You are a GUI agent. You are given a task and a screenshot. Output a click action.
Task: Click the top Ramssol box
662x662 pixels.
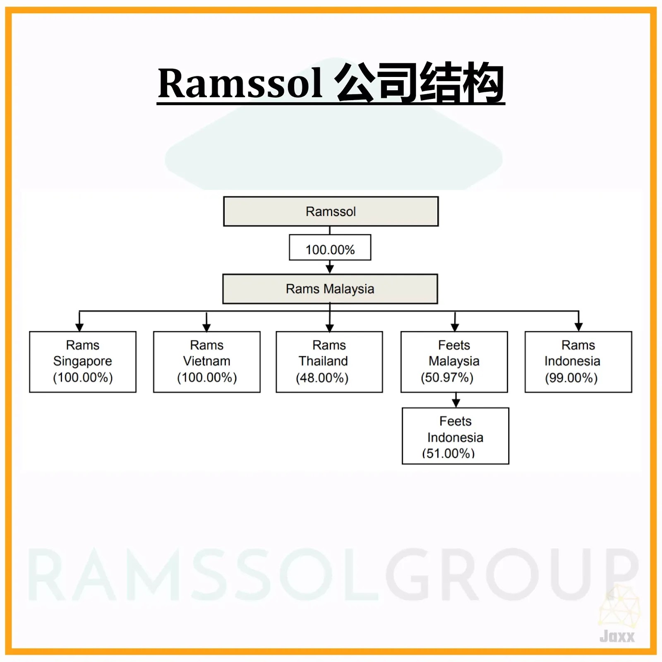[x=331, y=211]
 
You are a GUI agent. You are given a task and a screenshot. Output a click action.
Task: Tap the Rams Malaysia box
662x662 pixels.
[x=330, y=289]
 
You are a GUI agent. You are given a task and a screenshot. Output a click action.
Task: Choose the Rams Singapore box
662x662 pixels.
[x=83, y=361]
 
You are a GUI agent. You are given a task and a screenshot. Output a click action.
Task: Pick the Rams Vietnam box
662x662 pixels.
[x=206, y=361]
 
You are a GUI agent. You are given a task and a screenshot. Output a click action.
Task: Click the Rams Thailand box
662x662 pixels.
[x=329, y=361]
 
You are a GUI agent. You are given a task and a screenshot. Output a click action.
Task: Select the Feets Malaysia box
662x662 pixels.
[x=454, y=361]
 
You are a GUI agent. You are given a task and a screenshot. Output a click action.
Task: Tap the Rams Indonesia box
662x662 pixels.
[x=578, y=361]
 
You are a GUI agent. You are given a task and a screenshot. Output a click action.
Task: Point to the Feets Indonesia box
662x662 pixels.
[x=455, y=436]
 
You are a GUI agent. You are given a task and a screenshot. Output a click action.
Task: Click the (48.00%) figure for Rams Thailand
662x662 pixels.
[x=322, y=378]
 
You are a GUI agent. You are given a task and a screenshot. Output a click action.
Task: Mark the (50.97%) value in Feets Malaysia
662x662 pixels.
[x=447, y=378]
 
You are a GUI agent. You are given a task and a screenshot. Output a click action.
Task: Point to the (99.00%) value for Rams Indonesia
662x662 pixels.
[x=571, y=378]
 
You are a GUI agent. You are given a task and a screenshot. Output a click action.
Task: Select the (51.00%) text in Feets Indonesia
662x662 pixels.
[x=448, y=453]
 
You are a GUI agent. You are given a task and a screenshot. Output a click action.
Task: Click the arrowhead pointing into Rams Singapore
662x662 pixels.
[x=79, y=327]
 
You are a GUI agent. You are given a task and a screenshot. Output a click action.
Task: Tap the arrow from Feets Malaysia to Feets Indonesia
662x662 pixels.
[x=456, y=401]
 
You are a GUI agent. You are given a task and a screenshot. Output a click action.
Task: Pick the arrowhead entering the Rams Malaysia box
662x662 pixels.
[x=330, y=269]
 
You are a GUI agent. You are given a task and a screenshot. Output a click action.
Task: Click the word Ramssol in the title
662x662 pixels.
[x=240, y=84]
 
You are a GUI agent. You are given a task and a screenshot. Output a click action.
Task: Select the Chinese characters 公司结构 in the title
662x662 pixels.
[x=419, y=83]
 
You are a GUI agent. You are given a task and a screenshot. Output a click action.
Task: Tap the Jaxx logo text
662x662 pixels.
[x=616, y=636]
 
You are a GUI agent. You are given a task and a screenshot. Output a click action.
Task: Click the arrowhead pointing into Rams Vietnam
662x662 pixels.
[x=206, y=327]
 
